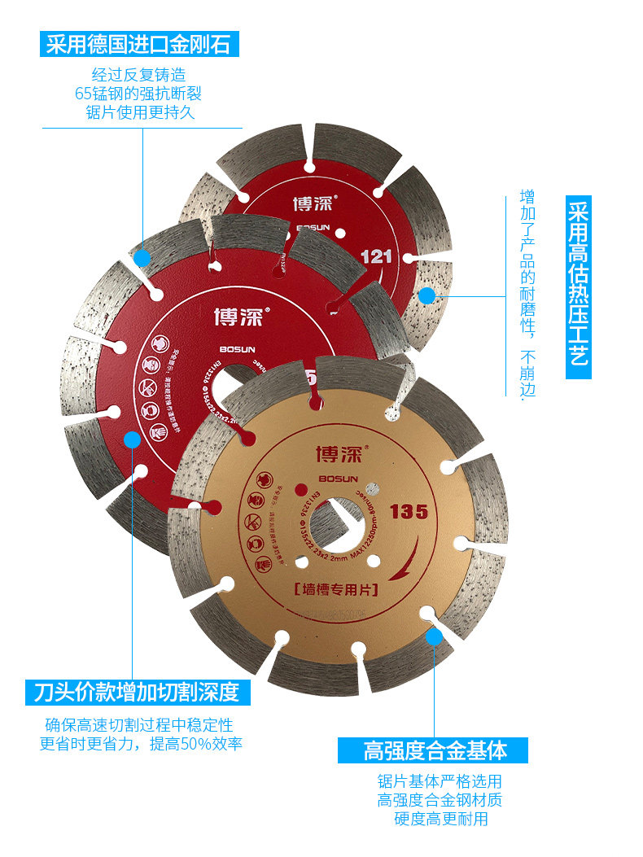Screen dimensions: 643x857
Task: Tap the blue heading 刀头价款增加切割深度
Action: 137,693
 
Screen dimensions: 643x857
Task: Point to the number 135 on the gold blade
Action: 409,512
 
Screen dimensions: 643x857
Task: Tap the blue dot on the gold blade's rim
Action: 435,636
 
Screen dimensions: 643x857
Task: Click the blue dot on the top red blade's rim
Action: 426,295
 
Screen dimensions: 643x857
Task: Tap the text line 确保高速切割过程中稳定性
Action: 138,724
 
